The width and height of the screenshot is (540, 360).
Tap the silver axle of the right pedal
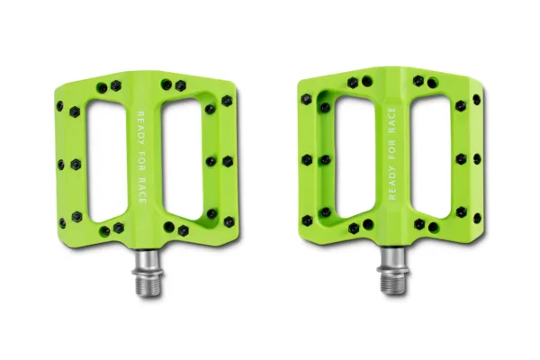(392, 271)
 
